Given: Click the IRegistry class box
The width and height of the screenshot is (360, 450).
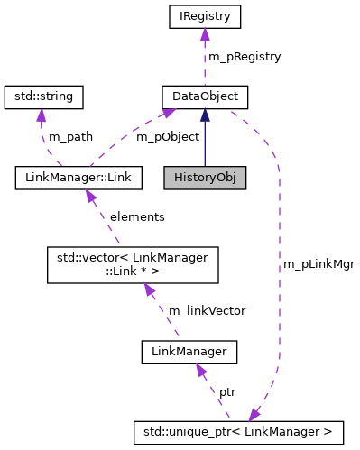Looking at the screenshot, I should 205,16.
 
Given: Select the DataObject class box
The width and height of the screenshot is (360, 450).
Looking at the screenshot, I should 205,95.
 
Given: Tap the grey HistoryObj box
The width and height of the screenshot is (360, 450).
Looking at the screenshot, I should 205,178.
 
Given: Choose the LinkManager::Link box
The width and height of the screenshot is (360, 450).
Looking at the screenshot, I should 79,178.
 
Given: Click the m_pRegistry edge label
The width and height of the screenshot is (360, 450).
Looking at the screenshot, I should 245,56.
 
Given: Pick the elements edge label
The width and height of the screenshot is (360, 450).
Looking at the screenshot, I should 137,216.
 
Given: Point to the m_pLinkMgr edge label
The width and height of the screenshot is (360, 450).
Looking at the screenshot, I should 318,263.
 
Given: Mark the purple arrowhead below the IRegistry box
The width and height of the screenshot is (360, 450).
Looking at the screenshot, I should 205,34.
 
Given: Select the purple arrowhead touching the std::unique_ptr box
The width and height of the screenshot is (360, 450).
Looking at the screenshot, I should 254,414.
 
